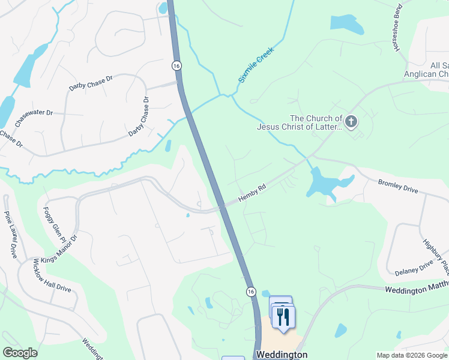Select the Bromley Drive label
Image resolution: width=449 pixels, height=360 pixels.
[x=397, y=185]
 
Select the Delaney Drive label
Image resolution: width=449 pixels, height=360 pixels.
[x=414, y=268]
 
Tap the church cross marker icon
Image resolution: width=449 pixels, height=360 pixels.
[x=351, y=122]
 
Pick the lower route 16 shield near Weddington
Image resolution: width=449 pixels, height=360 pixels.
[x=250, y=290]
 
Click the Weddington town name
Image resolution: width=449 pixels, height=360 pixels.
[x=282, y=355]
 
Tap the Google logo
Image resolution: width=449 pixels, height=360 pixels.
[x=20, y=353]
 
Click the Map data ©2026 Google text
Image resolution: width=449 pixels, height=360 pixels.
[x=411, y=355]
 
